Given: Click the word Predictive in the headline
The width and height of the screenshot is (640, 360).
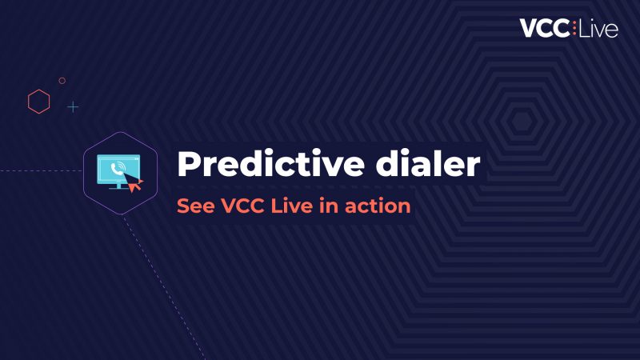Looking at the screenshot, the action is coord(270,164).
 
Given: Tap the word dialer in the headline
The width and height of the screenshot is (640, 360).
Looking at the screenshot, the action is coord(428,164).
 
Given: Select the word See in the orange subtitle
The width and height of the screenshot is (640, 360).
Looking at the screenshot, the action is coord(195,206).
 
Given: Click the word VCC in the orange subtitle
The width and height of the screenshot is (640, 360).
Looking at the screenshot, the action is coord(242,206).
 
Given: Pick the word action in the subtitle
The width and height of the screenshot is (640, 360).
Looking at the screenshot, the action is coord(378,206).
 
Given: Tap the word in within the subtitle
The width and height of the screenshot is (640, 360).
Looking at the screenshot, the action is coord(329,206).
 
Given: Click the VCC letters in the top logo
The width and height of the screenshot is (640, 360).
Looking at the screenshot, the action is coord(545,28).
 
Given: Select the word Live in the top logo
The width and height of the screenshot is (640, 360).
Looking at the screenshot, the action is coord(598,28).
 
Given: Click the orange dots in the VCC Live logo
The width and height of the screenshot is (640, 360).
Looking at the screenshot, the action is coord(574,28).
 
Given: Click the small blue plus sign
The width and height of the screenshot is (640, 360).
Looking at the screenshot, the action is coord(73,107).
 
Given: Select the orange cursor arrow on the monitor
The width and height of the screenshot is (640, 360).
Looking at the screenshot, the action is coord(134,182).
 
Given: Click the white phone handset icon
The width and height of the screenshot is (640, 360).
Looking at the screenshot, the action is coord(117,169).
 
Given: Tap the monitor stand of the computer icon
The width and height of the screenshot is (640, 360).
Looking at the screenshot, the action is coord(118,186).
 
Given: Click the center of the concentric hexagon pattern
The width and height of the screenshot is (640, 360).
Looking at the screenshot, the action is coord(522,121).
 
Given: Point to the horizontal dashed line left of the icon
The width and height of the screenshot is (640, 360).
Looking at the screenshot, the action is coord(42,171).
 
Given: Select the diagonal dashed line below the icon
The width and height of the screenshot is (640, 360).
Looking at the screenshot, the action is coord(163,287).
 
